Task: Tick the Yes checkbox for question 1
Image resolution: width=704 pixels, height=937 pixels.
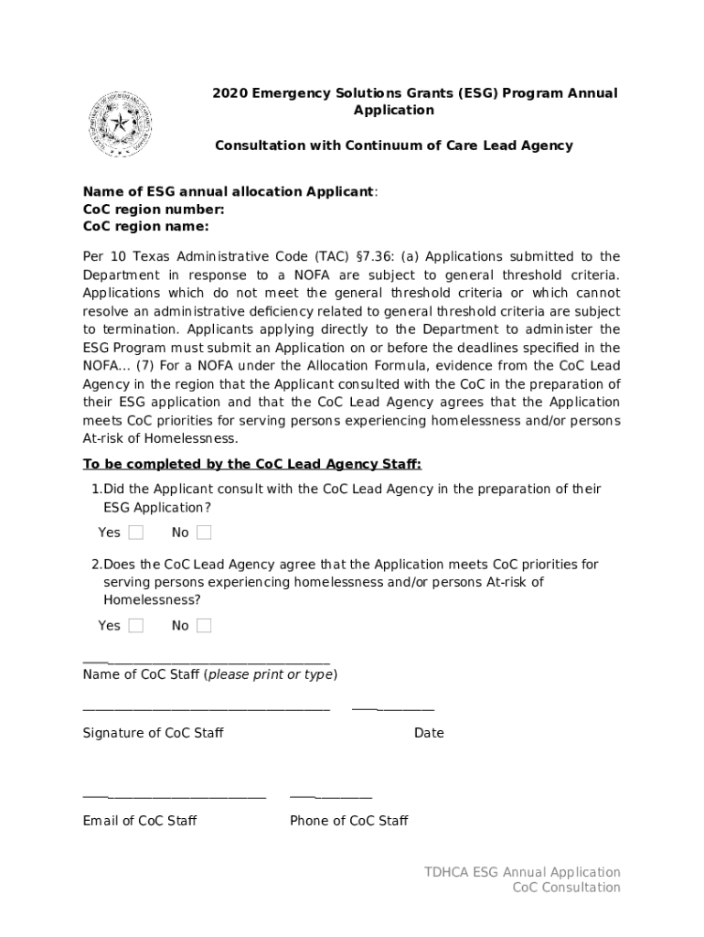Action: (x=135, y=533)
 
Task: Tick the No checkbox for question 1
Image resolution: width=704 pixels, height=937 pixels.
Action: (x=204, y=533)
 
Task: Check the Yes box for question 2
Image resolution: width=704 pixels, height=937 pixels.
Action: (x=135, y=626)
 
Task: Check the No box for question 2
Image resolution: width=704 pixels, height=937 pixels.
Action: (x=204, y=626)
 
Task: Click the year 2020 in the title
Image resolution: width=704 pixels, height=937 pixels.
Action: (x=230, y=93)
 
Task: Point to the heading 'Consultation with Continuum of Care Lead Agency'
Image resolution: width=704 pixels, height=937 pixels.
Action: (x=393, y=145)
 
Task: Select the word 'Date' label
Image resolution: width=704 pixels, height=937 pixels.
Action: (x=429, y=733)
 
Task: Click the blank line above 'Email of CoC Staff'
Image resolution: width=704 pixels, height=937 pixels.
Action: (x=174, y=797)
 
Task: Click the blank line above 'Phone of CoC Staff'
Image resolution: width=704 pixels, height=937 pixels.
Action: (x=331, y=797)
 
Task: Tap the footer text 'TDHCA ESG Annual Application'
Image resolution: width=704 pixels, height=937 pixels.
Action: (x=522, y=872)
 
